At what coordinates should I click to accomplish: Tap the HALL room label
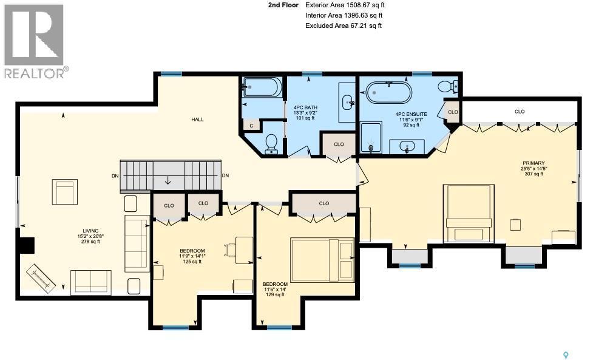coord(197,120)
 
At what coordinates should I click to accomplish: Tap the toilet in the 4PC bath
coord(271,143)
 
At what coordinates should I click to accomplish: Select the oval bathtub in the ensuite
coord(388,92)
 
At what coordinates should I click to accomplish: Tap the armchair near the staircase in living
coord(64,192)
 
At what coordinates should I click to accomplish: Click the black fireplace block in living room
coord(26,245)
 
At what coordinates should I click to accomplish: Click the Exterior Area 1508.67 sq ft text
coord(344,5)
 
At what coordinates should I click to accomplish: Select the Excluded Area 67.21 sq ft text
coord(343,25)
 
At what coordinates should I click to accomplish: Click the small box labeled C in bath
coord(251,126)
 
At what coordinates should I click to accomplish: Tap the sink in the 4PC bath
coord(348,102)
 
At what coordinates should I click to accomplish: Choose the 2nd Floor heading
coord(283,5)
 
